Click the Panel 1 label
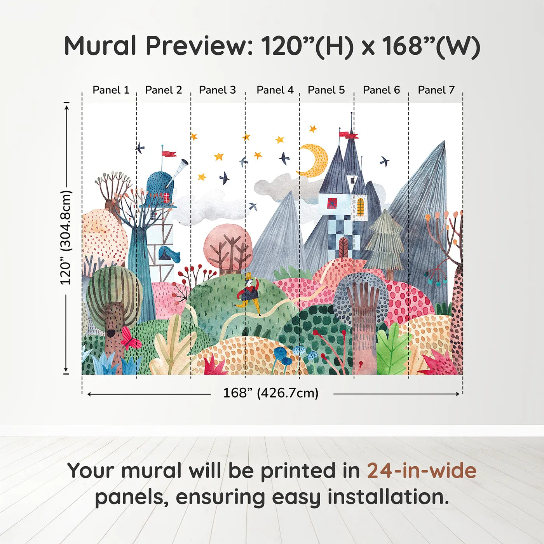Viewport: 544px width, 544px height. (x=111, y=90)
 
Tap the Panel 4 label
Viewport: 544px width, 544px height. (x=275, y=90)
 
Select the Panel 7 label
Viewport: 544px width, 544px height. (x=436, y=90)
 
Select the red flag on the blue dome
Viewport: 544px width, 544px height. (x=169, y=153)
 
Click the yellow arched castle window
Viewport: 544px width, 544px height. (x=361, y=207)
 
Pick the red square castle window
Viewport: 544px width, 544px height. (x=332, y=203)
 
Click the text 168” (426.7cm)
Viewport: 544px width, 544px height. (x=270, y=393)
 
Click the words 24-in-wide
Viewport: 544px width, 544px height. (x=422, y=471)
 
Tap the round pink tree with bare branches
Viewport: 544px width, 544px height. (x=228, y=249)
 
